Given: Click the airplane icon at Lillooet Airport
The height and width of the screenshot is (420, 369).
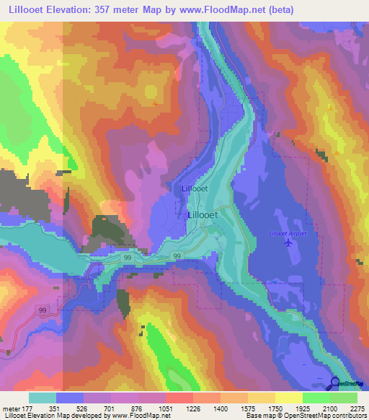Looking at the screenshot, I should pos(288,243).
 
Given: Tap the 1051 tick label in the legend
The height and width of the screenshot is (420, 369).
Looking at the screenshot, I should pos(166,408).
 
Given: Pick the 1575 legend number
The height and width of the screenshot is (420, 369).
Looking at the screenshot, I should pos(247,408).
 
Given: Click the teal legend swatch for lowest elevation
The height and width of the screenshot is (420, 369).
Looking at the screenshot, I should pos(43,398).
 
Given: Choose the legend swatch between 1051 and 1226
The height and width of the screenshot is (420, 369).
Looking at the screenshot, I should pos(179,398).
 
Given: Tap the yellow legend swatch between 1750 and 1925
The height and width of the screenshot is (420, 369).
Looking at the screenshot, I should pos(289,398).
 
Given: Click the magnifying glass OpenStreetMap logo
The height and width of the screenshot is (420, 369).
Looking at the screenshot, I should pos(336,383).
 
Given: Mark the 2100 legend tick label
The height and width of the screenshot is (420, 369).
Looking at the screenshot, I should pos(329,408).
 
